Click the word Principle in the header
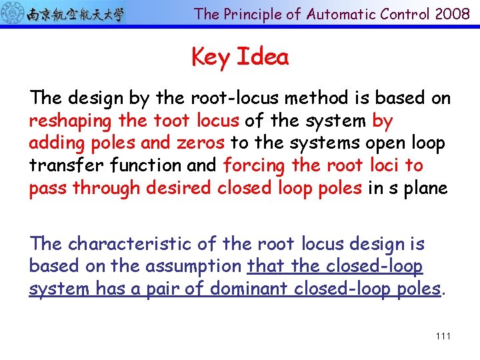pos(251,14)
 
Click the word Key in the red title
pos(210,58)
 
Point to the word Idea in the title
pos(263,57)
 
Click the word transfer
pos(58,165)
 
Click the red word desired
pos(173,188)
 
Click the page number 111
pos(443,336)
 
